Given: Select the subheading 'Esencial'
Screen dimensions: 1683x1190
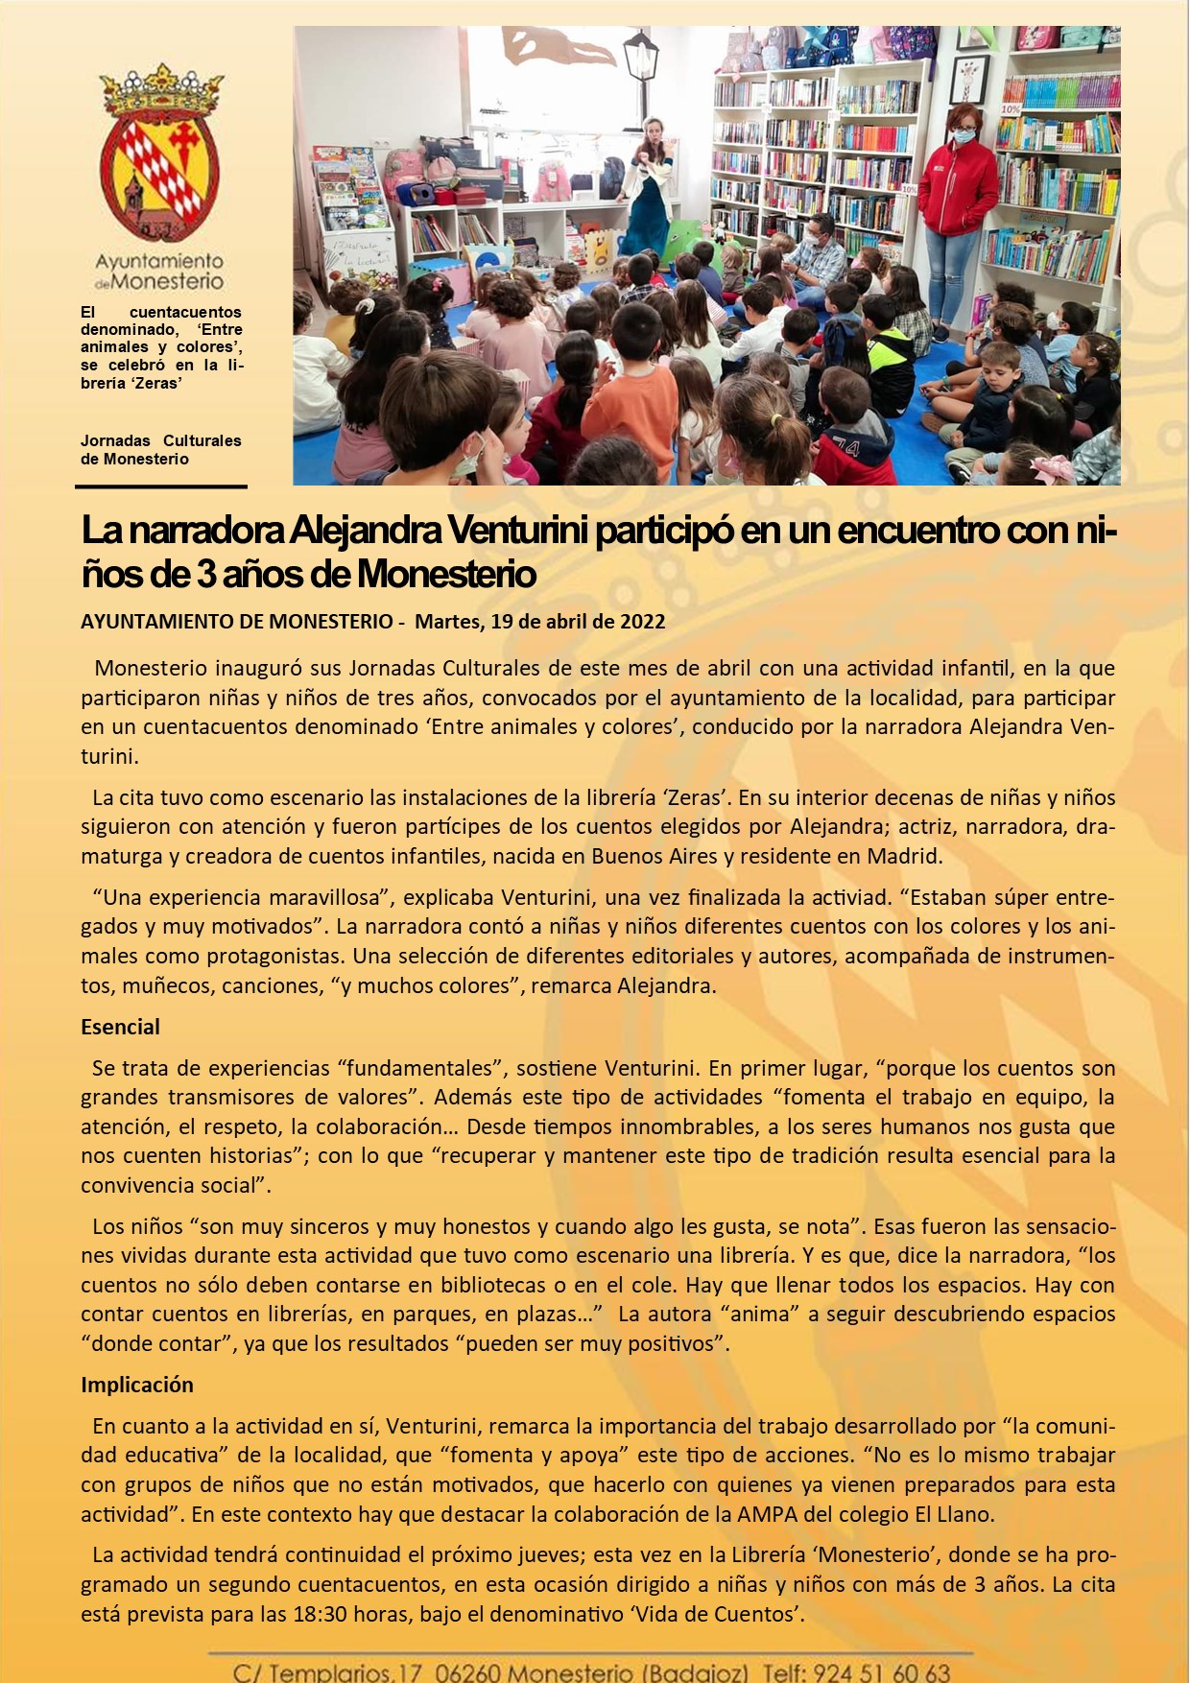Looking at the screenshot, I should pyautogui.click(x=120, y=1027).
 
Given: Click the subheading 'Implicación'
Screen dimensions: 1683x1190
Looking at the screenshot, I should pyautogui.click(x=137, y=1385).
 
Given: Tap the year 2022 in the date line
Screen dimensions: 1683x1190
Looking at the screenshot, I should pyautogui.click(x=642, y=621).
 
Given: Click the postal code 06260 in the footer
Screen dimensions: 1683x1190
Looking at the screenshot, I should pyautogui.click(x=464, y=1671).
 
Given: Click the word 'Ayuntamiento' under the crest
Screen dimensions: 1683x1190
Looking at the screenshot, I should pyautogui.click(x=159, y=261).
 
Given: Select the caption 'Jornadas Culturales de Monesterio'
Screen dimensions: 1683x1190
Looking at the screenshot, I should pyautogui.click(x=160, y=450).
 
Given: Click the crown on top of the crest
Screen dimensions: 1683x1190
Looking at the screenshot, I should pyautogui.click(x=161, y=91).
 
